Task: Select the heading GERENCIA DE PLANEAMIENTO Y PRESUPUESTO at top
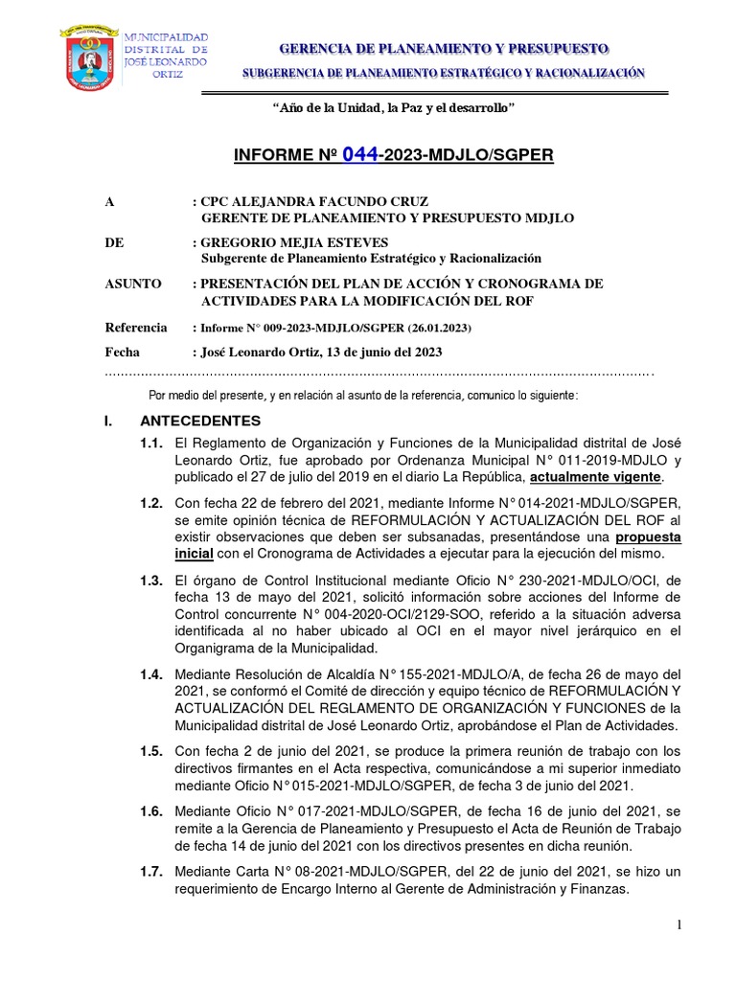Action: (x=443, y=48)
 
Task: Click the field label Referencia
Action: (x=135, y=328)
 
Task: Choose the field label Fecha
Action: (x=123, y=352)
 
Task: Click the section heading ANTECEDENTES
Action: (x=200, y=422)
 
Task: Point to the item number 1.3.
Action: (x=151, y=581)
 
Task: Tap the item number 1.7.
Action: (x=151, y=872)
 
